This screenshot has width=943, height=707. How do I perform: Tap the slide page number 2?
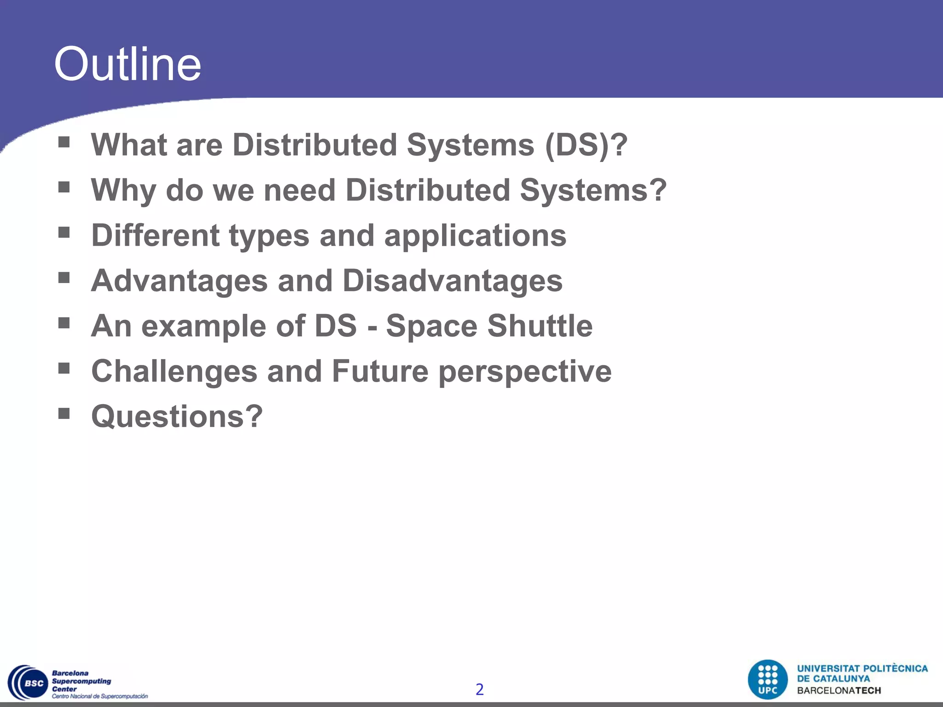pos(479,689)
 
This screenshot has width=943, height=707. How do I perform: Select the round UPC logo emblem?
pos(768,679)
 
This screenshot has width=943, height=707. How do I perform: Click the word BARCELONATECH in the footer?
pos(839,690)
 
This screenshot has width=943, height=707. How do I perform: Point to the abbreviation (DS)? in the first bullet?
pos(586,145)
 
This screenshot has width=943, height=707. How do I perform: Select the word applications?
pos(475,236)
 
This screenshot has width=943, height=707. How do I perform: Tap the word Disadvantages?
pos(453,281)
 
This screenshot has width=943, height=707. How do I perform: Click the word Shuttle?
pos(540,326)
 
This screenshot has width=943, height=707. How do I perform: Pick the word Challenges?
pos(174,371)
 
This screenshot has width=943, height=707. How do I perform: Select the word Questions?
pos(177,416)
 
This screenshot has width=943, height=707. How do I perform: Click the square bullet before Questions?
pos(64,413)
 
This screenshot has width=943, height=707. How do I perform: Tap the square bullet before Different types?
pos(64,232)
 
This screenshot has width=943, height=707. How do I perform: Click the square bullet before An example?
pos(64,323)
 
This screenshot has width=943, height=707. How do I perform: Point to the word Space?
pos(431,327)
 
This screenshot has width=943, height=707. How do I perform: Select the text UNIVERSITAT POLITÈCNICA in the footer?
pos(862,669)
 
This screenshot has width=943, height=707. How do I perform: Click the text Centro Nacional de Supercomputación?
pos(100,696)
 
